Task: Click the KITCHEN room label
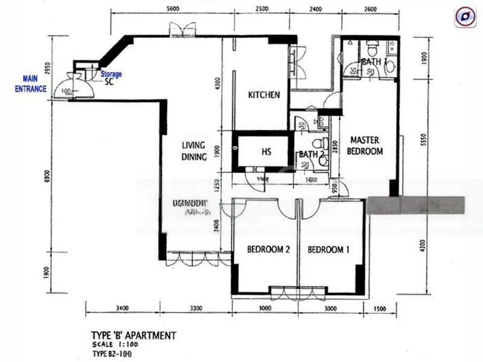click(264, 95)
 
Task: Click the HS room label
click(266, 152)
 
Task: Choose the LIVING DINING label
click(194, 151)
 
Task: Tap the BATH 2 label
click(312, 154)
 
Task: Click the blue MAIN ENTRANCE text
click(34, 84)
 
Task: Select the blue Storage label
click(111, 74)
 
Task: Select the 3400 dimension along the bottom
click(123, 309)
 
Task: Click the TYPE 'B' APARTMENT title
click(133, 335)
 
